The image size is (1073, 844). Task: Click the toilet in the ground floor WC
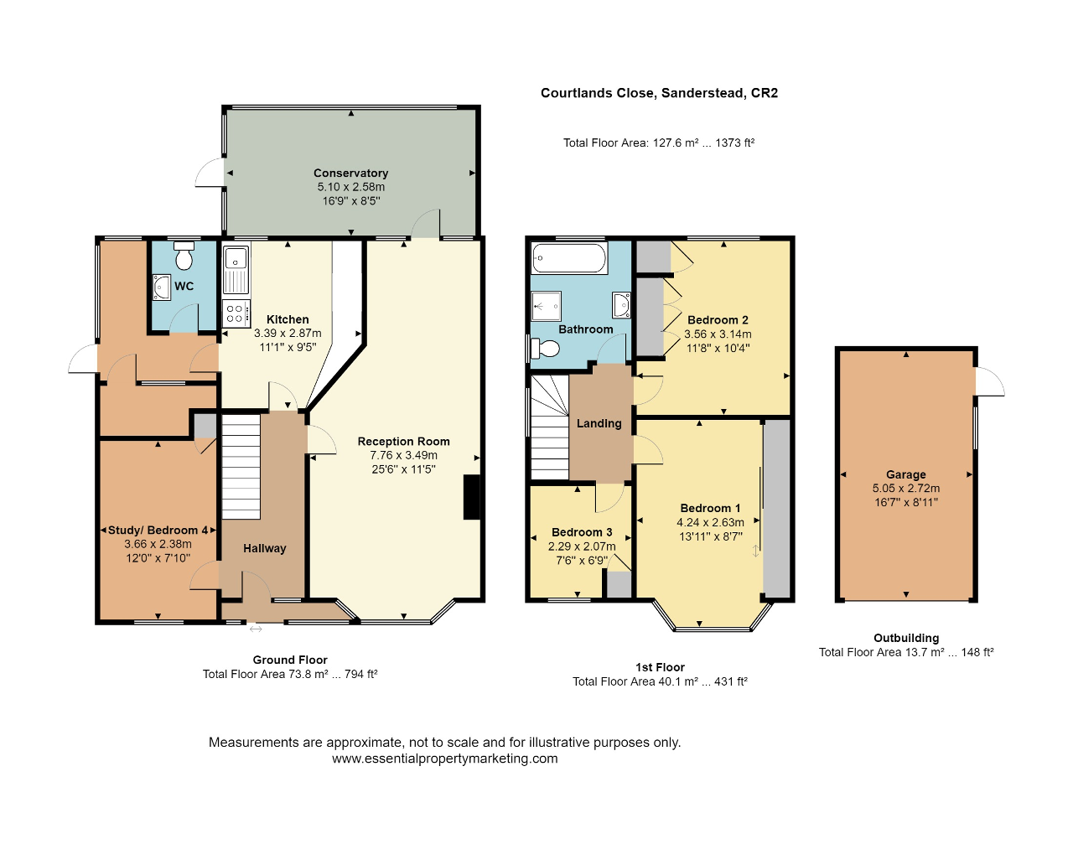(184, 256)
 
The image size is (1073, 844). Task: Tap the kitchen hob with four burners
(236, 313)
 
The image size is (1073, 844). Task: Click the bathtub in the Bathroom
(569, 258)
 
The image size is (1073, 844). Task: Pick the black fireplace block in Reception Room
(472, 497)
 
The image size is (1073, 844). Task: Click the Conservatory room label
(351, 173)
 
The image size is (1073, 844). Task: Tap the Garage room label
(906, 474)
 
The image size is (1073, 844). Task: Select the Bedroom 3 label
(582, 532)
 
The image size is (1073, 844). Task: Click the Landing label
(599, 423)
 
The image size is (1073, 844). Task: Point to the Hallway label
(265, 548)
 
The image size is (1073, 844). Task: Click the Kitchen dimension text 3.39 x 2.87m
(288, 333)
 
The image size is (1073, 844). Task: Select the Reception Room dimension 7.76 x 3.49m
(404, 455)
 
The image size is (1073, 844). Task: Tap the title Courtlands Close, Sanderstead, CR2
(659, 93)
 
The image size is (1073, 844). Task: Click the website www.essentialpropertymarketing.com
(445, 759)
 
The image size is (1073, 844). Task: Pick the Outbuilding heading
(906, 638)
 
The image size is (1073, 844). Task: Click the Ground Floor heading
(290, 660)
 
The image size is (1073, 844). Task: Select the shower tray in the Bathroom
(547, 306)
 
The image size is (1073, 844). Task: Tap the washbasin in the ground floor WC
(161, 287)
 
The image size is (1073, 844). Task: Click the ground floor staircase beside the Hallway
(241, 467)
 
